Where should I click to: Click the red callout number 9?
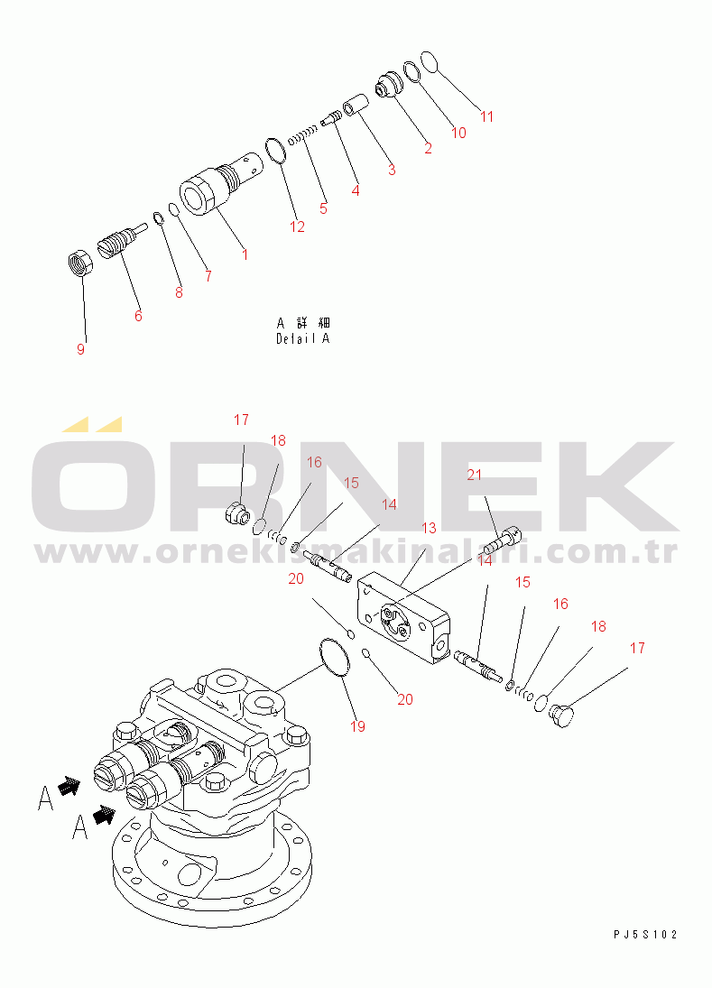(x=80, y=349)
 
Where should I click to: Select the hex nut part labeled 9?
(x=80, y=262)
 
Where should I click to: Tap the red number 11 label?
(x=486, y=116)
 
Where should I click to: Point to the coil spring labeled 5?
(x=301, y=136)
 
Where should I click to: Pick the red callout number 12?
(x=297, y=226)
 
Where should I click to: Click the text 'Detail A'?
(x=302, y=339)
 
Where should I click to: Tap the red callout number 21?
(x=474, y=475)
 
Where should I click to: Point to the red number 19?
(x=357, y=726)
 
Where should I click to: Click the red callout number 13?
(x=429, y=528)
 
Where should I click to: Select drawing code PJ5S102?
(x=645, y=935)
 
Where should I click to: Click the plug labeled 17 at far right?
(x=561, y=716)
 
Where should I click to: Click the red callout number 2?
(x=429, y=149)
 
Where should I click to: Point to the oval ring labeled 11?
(x=428, y=61)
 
